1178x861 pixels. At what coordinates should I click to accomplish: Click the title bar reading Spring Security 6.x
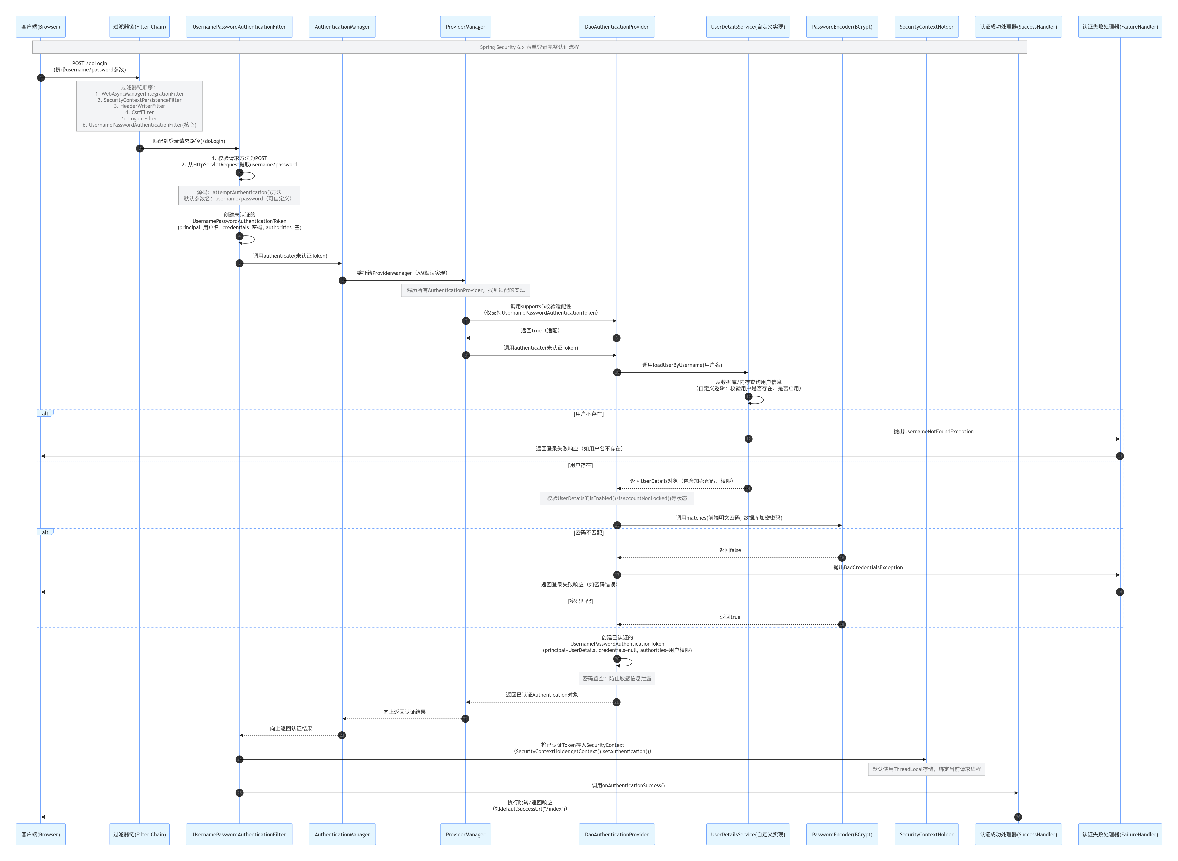click(529, 47)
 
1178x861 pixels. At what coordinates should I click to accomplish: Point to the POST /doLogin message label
click(90, 66)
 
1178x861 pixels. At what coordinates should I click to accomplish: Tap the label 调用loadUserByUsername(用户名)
click(682, 365)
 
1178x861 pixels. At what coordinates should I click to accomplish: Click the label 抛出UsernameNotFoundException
click(933, 431)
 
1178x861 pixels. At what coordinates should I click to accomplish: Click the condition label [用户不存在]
click(588, 414)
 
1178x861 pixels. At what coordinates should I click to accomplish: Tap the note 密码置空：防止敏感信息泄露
click(617, 679)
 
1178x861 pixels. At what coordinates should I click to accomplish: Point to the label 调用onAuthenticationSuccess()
click(628, 785)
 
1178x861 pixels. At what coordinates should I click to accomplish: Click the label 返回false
click(730, 550)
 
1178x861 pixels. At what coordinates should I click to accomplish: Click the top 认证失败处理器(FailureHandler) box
click(1120, 27)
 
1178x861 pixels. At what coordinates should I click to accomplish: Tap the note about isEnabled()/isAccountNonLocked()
click(617, 498)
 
